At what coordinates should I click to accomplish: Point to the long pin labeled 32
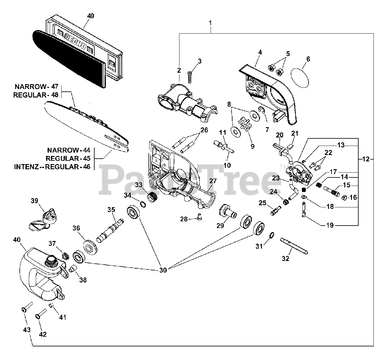coord(294,245)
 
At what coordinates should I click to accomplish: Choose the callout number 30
coord(163,270)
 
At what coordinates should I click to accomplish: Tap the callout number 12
coord(366,159)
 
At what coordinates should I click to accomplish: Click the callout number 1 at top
coord(210,23)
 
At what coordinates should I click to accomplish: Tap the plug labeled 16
coord(343,198)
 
